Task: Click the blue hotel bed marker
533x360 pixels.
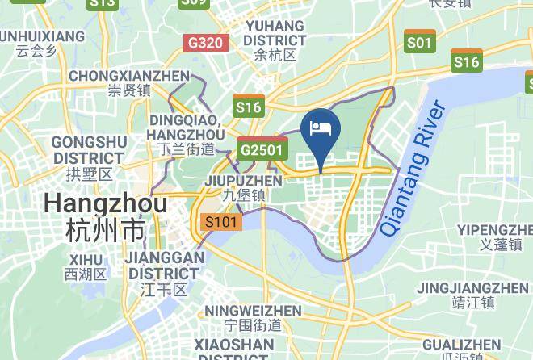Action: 321,129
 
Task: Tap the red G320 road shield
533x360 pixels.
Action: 205,42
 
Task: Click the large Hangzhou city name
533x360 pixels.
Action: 106,203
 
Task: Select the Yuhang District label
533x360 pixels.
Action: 274,33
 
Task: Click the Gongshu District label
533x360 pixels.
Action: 89,149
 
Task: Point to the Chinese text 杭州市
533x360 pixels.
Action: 106,230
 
